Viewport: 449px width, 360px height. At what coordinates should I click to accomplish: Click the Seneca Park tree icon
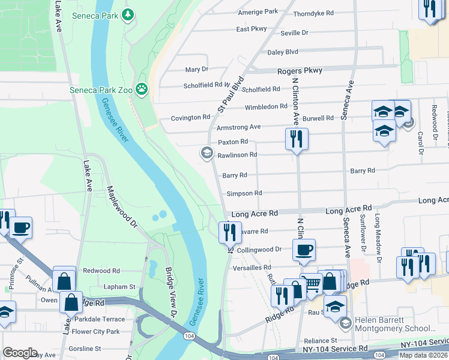coord(127,14)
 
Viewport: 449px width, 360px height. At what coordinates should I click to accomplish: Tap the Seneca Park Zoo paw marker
coord(142,90)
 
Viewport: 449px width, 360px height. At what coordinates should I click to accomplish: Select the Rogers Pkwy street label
coord(300,71)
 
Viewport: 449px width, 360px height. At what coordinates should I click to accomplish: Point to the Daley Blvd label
coord(283,52)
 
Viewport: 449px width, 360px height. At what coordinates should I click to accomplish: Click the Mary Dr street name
coord(196,70)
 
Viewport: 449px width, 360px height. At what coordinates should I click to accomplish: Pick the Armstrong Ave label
coord(238,127)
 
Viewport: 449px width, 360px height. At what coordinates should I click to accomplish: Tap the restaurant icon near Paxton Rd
coord(297,139)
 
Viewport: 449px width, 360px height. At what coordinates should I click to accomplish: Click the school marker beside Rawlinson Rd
coord(206,154)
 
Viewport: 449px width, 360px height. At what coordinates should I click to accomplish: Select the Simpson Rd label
coord(244,193)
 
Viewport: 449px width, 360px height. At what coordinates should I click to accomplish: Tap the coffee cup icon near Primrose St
coord(20,228)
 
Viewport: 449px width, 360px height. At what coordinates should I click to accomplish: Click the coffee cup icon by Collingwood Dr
coord(304,250)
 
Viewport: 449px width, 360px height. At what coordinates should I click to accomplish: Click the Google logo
coord(20,353)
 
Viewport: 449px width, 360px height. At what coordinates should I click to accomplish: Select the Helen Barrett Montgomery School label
coord(396,324)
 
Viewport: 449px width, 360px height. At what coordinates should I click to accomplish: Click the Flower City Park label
coord(96,331)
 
